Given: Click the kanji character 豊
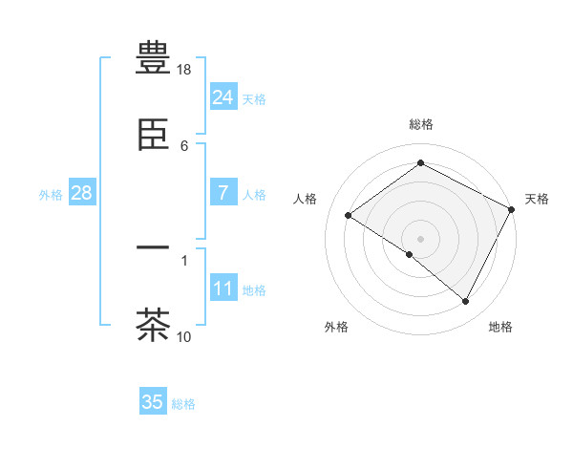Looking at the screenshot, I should tap(153, 59).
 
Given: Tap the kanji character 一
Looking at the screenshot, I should tap(153, 250).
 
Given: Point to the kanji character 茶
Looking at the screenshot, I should tap(153, 324).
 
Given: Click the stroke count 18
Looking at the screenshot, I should tap(184, 71).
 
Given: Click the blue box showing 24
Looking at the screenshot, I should tap(223, 97).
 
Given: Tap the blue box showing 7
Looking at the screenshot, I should tap(223, 193).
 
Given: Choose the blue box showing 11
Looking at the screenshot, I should tap(223, 289).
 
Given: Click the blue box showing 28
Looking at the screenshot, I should tap(81, 193).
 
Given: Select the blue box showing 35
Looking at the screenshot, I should tap(153, 402).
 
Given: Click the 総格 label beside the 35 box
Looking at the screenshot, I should tap(183, 404).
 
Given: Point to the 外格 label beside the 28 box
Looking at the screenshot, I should tap(51, 195).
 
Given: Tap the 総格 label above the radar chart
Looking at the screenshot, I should tap(421, 124).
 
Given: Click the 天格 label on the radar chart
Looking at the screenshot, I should tap(537, 199).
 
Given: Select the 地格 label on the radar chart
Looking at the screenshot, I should tap(500, 327).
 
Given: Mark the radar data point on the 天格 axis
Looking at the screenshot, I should tap(511, 209).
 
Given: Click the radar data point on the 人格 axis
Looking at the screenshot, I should tap(349, 216).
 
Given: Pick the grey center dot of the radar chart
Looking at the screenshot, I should tap(421, 238).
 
